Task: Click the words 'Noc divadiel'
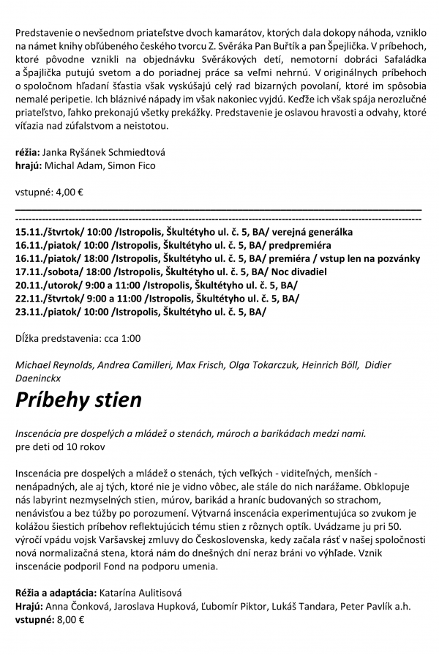tap(300, 271)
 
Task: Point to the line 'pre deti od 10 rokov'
tap(61, 446)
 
